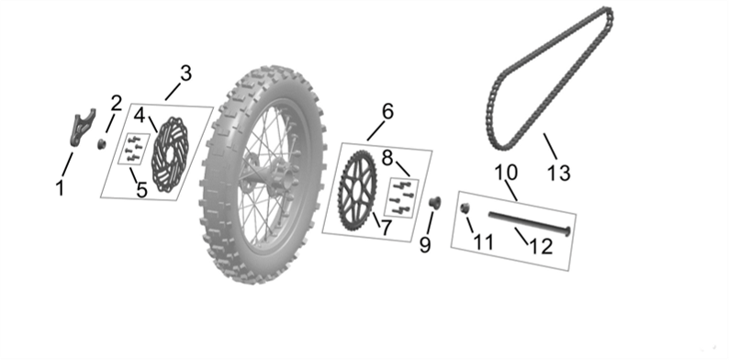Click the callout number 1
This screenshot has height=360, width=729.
pos(60,189)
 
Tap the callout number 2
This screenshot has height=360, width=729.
pos(116,102)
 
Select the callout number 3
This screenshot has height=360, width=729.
pos(185,73)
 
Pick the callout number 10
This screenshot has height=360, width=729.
pos(506,172)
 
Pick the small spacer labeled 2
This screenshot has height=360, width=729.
pos(103,143)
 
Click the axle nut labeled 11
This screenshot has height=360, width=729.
pos(465,208)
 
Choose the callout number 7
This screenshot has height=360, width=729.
pos(387,226)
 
